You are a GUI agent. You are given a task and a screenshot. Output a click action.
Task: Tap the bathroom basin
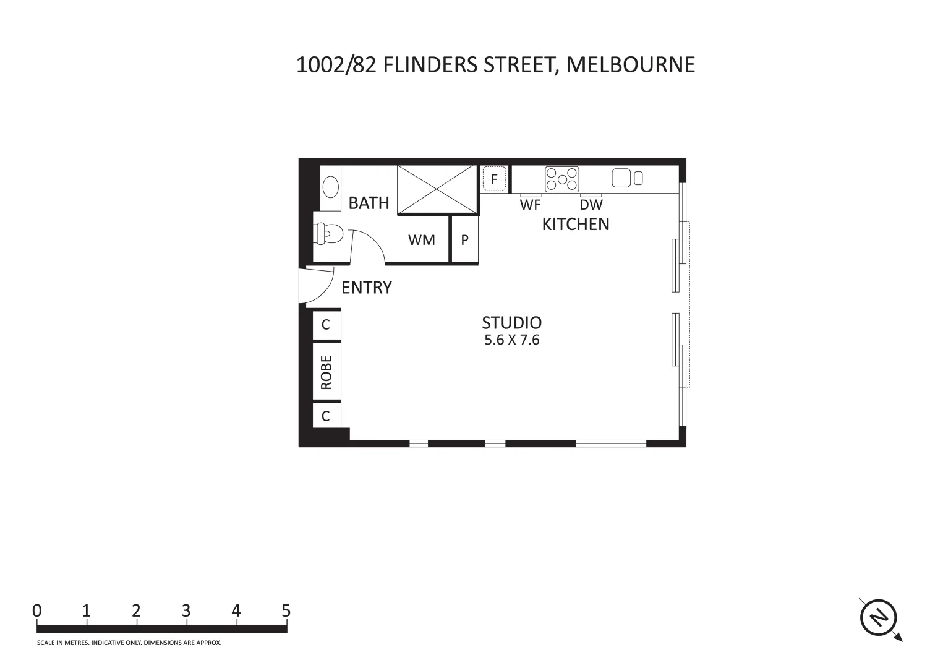coord(331,186)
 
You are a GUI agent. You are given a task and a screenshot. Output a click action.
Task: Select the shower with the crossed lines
coord(437,189)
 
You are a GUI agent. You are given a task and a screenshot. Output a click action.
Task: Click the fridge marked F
coord(494,179)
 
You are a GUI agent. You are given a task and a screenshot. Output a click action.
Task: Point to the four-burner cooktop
coord(562,179)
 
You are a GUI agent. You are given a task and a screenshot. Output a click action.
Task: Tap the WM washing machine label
coord(422,240)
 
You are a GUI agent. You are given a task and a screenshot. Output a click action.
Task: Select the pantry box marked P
coord(465,240)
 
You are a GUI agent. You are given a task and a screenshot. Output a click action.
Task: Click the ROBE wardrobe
coord(326,372)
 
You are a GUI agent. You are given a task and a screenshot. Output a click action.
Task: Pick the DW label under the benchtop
coord(591,205)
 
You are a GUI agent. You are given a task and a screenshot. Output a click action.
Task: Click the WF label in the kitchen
coord(531,205)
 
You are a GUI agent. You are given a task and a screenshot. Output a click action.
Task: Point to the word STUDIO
coord(511,323)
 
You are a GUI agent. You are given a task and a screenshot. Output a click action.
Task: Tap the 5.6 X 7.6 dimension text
coord(512,340)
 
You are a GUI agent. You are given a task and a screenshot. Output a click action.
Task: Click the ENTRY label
coord(367,288)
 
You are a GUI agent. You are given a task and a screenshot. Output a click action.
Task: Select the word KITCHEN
coord(576,224)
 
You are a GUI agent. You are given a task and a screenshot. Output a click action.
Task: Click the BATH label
coord(369,203)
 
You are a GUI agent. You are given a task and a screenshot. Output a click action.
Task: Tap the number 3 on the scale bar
coord(186,611)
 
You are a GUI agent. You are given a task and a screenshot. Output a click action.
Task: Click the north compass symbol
coord(879,617)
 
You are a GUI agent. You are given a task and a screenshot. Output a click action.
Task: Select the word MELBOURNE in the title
coord(631,64)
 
